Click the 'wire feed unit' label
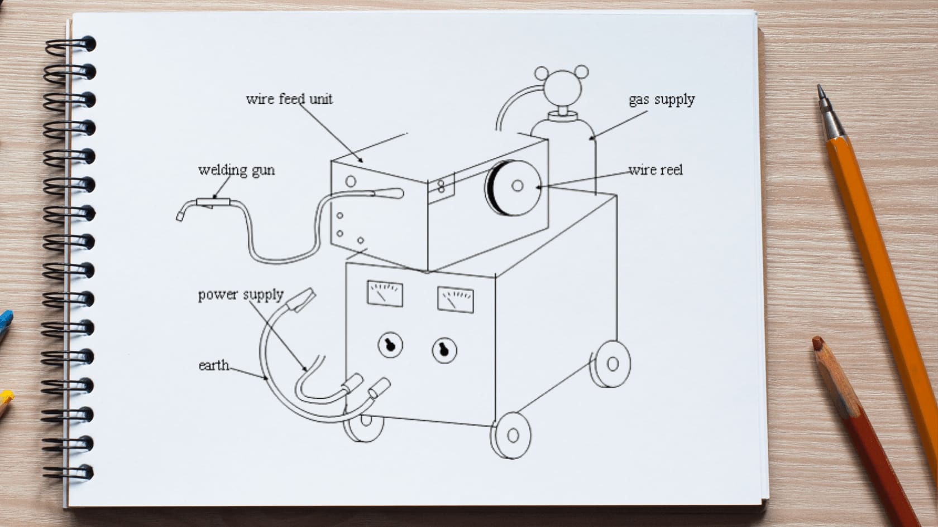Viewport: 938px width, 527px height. click(289, 99)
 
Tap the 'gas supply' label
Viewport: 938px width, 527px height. click(662, 100)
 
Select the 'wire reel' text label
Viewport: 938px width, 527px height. click(655, 170)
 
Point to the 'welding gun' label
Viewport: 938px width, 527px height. click(236, 170)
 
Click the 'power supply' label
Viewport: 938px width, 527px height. click(241, 294)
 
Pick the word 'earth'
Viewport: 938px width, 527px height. click(214, 365)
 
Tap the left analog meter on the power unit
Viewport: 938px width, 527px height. click(385, 294)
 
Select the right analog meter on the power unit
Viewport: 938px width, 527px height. click(455, 299)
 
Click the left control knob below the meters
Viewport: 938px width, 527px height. click(390, 345)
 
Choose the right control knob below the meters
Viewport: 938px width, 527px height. click(444, 350)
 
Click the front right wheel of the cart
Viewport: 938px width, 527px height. click(512, 435)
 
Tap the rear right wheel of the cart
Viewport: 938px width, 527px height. click(611, 364)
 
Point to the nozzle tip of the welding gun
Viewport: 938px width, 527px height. click(180, 216)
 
